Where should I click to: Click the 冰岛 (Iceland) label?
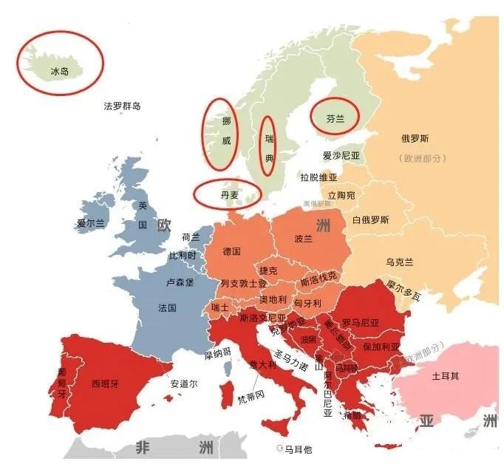59,72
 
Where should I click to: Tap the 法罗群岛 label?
123,106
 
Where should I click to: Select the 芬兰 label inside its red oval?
335,117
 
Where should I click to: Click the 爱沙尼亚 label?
341,156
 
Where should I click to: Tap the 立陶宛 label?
341,196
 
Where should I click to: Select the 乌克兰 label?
400,262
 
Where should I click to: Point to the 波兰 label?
303,239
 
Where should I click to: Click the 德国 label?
231,251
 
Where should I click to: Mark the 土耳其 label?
445,375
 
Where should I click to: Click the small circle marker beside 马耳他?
279,448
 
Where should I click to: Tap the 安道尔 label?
184,383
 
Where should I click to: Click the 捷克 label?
268,271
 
